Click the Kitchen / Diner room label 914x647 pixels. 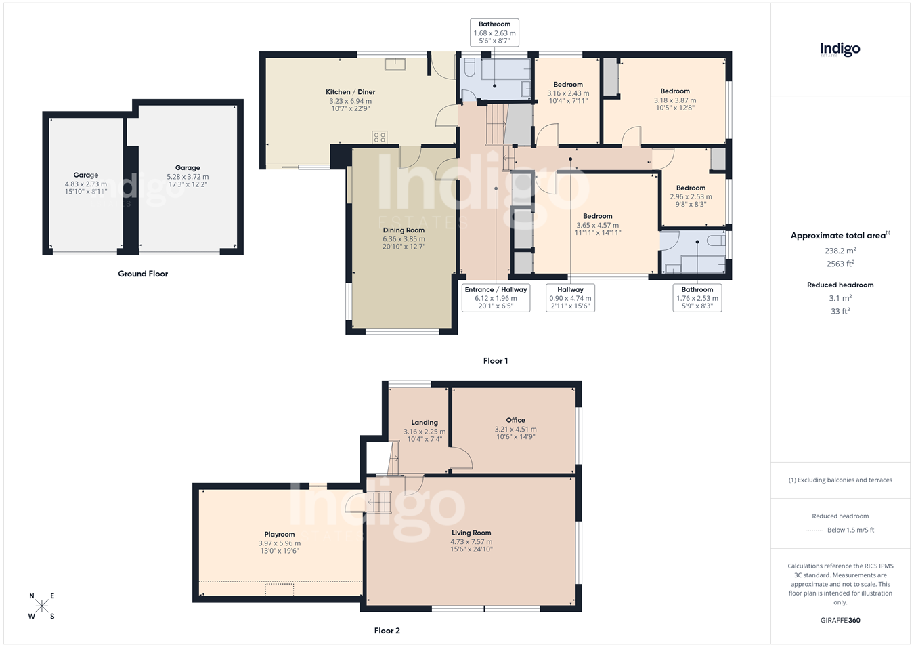(350, 92)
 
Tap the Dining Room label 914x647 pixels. (404, 230)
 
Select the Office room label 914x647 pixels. (515, 420)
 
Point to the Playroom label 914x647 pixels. (279, 535)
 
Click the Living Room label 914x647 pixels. (471, 533)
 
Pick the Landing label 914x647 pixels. (425, 423)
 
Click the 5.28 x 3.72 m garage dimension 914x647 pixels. (188, 177)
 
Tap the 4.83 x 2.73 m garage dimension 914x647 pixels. (86, 184)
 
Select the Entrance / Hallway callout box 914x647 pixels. (496, 298)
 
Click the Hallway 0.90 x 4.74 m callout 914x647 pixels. (570, 298)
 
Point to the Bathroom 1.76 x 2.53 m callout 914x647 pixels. (697, 298)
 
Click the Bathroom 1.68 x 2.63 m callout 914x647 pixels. (494, 33)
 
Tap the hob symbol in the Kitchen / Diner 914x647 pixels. (379, 137)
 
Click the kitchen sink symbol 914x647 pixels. (395, 64)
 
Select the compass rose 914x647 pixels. (41, 606)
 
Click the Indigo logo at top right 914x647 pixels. (840, 50)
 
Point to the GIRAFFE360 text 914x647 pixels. (840, 620)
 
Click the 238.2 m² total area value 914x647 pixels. (840, 251)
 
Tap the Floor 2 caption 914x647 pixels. (387, 631)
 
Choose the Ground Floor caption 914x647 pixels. (143, 274)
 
